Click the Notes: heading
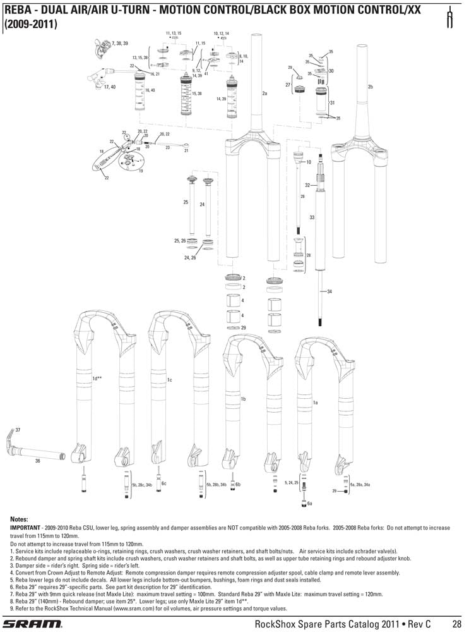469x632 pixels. [x=20, y=518]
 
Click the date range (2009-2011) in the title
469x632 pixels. [x=31, y=25]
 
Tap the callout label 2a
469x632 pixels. [x=265, y=94]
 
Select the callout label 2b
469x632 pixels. [x=371, y=87]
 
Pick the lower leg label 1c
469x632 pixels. [x=169, y=380]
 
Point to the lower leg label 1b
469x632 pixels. [x=242, y=399]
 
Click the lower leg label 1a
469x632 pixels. [x=315, y=402]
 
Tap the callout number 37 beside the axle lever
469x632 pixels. [x=18, y=430]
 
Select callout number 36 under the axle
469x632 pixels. [x=38, y=461]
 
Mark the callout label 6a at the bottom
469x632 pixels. [x=310, y=503]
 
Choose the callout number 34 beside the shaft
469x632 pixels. [x=329, y=291]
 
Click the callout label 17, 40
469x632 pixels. [x=110, y=87]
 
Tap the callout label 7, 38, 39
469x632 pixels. [x=120, y=43]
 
